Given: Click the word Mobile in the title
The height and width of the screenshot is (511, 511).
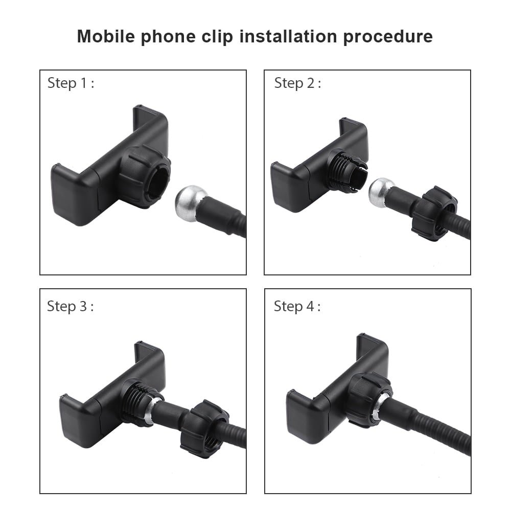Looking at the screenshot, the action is pyautogui.click(x=106, y=36).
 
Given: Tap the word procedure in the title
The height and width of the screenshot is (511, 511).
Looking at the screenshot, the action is pyautogui.click(x=388, y=37).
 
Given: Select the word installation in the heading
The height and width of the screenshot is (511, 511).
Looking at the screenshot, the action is pyautogui.click(x=288, y=36).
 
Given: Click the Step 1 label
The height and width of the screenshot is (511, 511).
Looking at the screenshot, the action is pyautogui.click(x=71, y=83).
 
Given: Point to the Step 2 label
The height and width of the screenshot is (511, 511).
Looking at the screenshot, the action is pyautogui.click(x=297, y=83).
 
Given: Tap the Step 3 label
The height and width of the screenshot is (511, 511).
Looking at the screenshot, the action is pyautogui.click(x=70, y=307).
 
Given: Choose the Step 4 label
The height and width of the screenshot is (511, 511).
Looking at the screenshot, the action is pyautogui.click(x=297, y=307).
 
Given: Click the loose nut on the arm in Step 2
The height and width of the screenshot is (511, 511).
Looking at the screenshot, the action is pyautogui.click(x=434, y=213).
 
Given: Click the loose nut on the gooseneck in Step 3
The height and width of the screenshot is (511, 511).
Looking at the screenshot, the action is pyautogui.click(x=204, y=429).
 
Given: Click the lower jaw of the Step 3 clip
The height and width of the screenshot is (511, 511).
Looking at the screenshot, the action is pyautogui.click(x=80, y=421).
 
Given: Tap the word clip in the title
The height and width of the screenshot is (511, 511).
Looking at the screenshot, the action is pyautogui.click(x=217, y=37).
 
